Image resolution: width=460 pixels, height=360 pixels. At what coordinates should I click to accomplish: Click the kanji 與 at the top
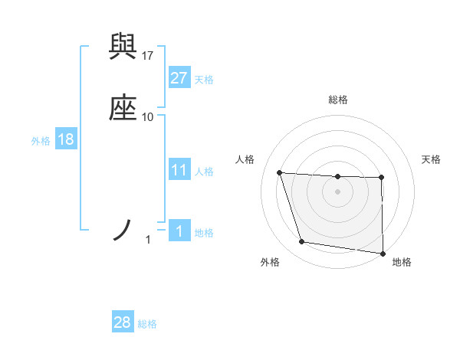click(x=123, y=47)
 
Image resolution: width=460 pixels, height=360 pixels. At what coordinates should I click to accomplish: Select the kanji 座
click(x=123, y=109)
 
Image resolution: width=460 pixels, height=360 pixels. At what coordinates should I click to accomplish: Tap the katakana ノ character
click(x=123, y=229)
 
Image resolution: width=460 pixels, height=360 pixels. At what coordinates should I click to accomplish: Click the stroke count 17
click(x=148, y=55)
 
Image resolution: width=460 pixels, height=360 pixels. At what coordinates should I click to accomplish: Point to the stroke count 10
click(x=148, y=116)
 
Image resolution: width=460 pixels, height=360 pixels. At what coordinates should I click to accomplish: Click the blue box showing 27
click(x=179, y=78)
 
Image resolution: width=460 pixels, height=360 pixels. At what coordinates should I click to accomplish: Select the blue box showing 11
click(x=179, y=170)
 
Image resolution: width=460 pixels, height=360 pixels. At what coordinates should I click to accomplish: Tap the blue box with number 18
click(x=65, y=139)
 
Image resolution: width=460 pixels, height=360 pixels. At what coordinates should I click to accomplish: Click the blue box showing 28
click(x=123, y=322)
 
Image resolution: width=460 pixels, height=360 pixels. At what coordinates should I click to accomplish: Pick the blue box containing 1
click(x=179, y=231)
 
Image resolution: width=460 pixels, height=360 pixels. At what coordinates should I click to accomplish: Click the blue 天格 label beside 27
click(x=204, y=80)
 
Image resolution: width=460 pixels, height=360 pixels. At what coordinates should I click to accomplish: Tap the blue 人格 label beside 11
click(x=204, y=172)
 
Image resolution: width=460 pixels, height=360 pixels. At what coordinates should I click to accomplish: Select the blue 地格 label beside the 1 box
click(x=204, y=233)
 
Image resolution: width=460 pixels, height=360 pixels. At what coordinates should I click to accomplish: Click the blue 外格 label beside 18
click(x=41, y=141)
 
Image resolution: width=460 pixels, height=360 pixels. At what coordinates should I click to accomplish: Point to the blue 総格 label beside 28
click(x=147, y=324)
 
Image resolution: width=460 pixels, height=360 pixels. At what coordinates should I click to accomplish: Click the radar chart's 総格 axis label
click(x=338, y=100)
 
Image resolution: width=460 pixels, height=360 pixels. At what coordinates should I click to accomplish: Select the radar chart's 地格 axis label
click(x=402, y=262)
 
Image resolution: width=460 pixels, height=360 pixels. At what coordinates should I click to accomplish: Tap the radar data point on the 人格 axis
click(x=280, y=173)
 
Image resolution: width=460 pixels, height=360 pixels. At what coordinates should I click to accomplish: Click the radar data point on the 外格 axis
click(x=302, y=242)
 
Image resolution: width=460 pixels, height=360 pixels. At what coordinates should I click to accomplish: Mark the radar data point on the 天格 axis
click(x=382, y=178)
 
